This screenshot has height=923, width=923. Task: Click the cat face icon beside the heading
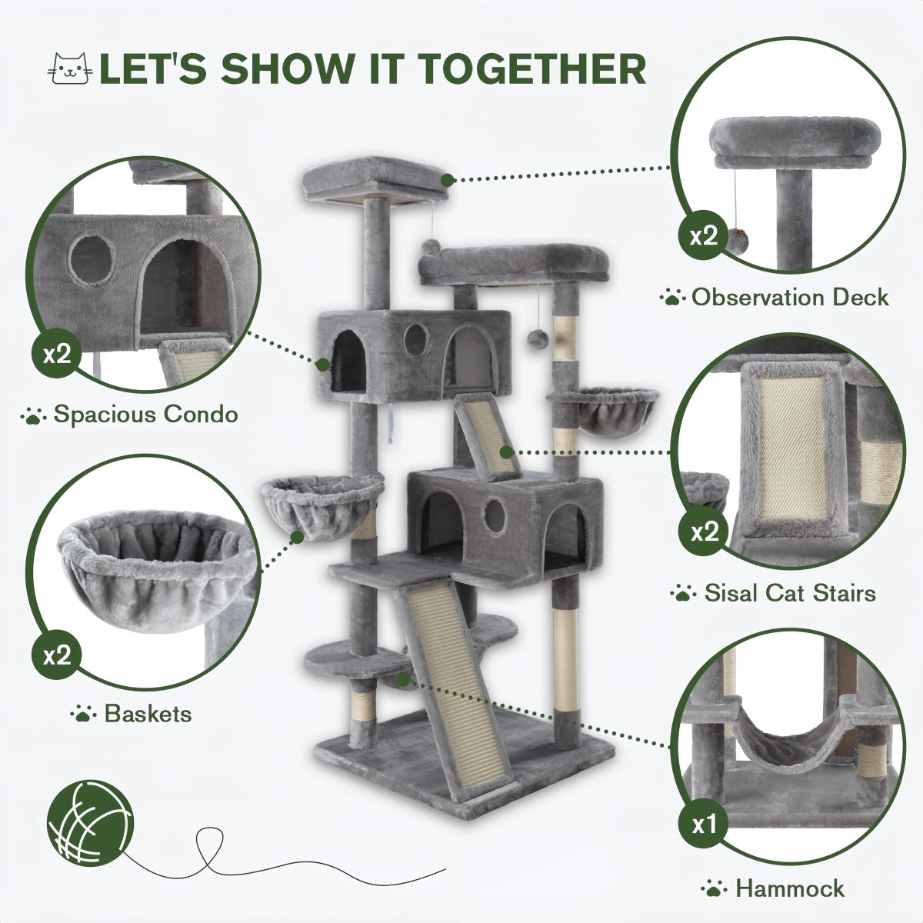tap(69, 68)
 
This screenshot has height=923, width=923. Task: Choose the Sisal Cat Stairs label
tap(778, 593)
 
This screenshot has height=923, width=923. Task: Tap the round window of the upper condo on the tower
tap(416, 336)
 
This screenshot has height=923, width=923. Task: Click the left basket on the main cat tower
tap(322, 501)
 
